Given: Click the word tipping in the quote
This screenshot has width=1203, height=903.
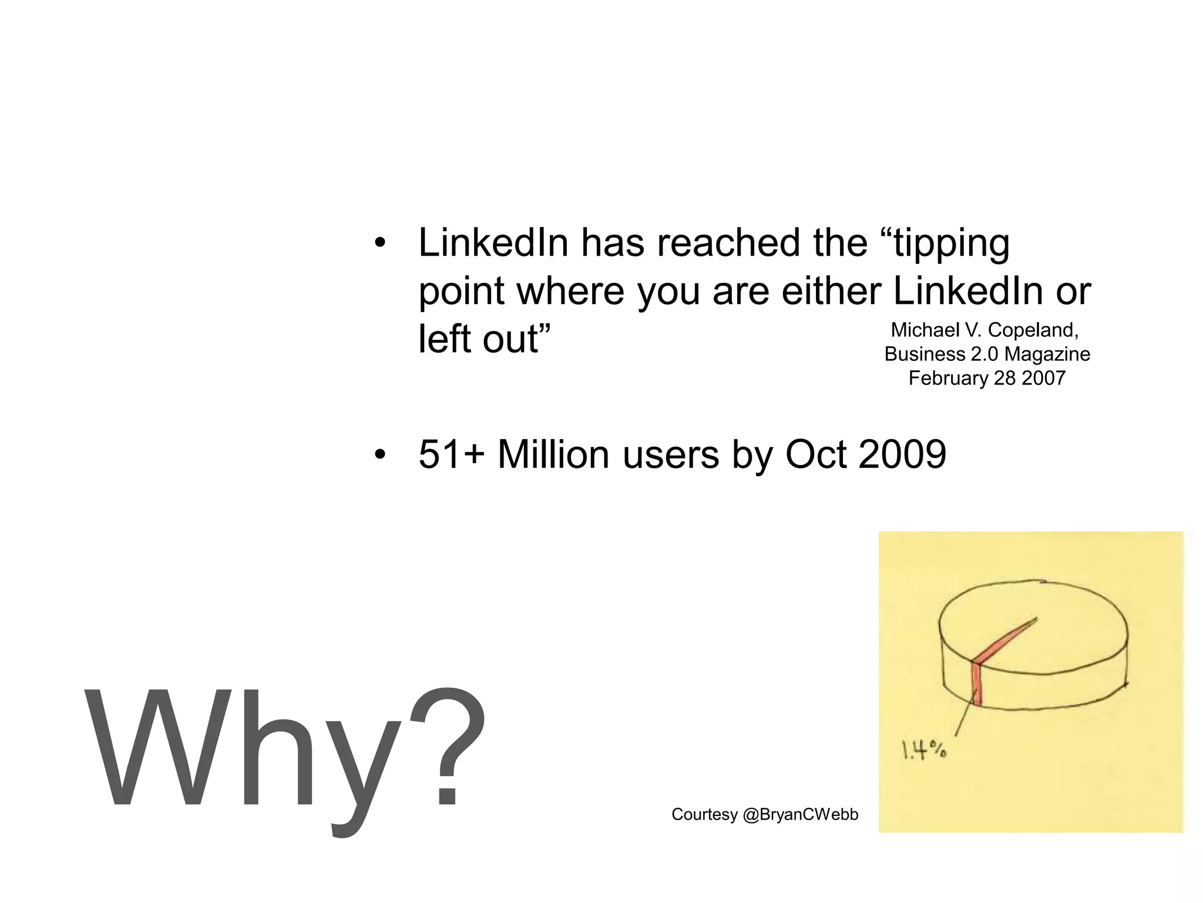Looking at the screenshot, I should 952,244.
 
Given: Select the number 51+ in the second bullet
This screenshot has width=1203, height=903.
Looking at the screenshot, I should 451,454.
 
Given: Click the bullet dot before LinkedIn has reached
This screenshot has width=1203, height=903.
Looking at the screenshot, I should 380,243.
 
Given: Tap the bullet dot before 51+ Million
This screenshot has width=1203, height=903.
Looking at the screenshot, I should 380,454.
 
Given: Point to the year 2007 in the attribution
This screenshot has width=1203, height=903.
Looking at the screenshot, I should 1043,378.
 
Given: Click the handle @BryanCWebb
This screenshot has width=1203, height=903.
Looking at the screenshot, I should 800,815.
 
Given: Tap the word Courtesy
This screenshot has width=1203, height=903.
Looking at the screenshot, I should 704,815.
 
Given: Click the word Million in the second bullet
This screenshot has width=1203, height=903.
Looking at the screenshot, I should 553,454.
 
